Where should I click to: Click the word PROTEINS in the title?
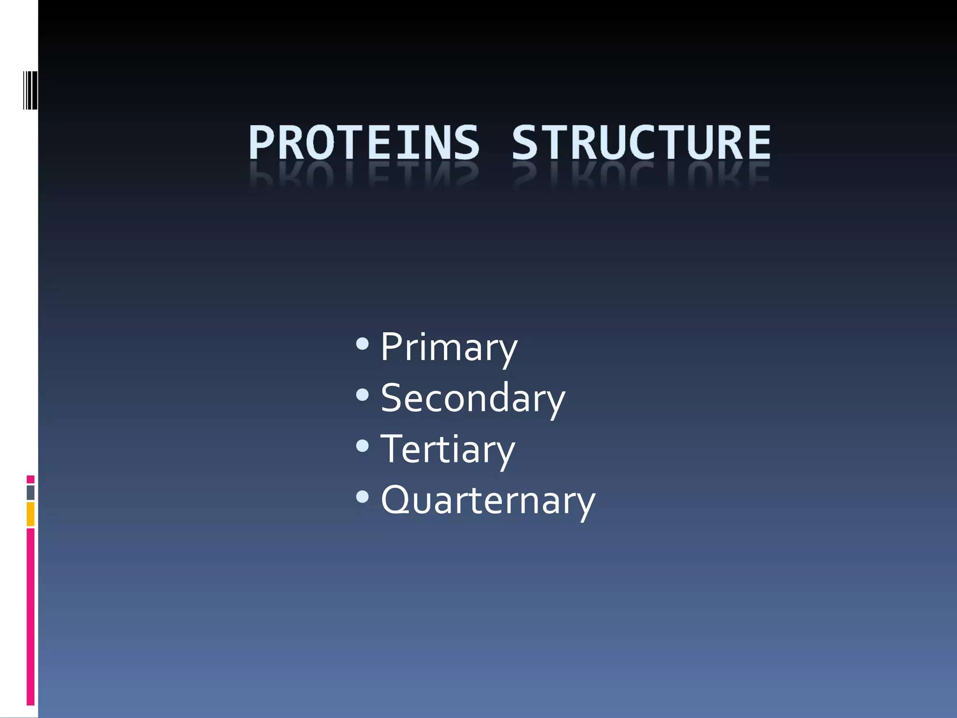364,143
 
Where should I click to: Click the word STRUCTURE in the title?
641,143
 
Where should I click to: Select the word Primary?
449,347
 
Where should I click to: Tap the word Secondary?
472,398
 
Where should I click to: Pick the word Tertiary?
448,449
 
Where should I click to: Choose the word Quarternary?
488,500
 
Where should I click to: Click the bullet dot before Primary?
362,345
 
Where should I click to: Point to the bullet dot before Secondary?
362,395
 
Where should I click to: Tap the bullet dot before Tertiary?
362,446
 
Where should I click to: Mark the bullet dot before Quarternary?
362,497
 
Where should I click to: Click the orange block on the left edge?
30,514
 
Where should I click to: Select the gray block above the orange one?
30,492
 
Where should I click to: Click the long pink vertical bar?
30,616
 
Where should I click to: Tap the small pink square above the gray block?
30,479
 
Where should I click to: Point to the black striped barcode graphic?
30,90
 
